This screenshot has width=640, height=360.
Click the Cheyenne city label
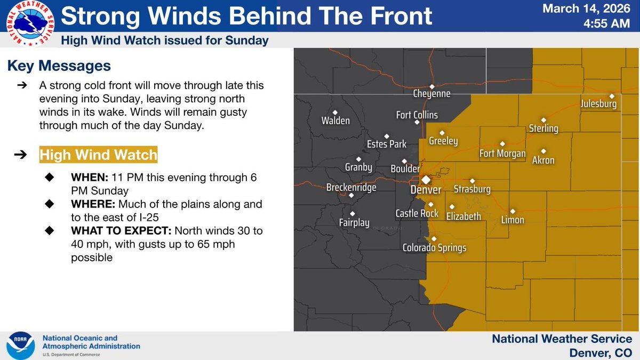click(431, 94)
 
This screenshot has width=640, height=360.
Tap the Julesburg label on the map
click(598, 104)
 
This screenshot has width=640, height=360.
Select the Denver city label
click(426, 190)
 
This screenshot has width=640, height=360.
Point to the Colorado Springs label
click(434, 248)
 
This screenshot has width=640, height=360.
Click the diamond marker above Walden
click(335, 112)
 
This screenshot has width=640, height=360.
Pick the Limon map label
click(512, 220)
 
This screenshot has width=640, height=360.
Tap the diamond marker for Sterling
click(543, 120)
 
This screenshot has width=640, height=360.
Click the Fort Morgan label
click(502, 154)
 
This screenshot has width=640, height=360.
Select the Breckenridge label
click(351, 188)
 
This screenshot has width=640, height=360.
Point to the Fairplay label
click(354, 223)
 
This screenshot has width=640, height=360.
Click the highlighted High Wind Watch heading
click(98, 155)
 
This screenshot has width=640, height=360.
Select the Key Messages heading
click(59, 66)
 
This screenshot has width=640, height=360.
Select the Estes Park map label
click(387, 144)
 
